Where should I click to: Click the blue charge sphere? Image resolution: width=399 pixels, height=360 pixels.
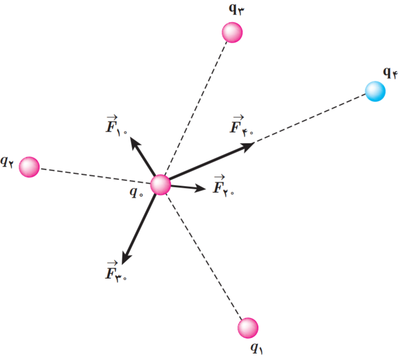coord(375,91)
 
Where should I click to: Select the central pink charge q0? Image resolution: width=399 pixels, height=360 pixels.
coord(160,185)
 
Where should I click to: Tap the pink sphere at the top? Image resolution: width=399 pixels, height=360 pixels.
coord(232,33)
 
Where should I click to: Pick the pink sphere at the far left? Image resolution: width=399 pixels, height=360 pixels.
coord(29,167)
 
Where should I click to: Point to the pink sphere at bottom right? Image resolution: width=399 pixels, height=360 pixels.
coord(248,328)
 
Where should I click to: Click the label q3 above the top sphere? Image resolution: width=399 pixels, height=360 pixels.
coord(236,9)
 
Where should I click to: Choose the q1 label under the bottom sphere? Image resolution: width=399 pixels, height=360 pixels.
coord(257,348)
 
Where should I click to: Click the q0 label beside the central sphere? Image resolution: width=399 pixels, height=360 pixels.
coord(136,192)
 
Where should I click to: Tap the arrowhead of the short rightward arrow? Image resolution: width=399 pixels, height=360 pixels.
coord(200,188)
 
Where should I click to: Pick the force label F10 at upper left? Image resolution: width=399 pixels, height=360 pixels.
coord(116,125)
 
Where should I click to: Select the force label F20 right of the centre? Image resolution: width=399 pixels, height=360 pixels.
coord(223,186)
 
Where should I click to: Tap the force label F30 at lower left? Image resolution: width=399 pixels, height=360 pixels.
coord(116,271)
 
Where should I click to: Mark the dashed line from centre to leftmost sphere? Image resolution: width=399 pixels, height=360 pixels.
coord(96,176)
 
